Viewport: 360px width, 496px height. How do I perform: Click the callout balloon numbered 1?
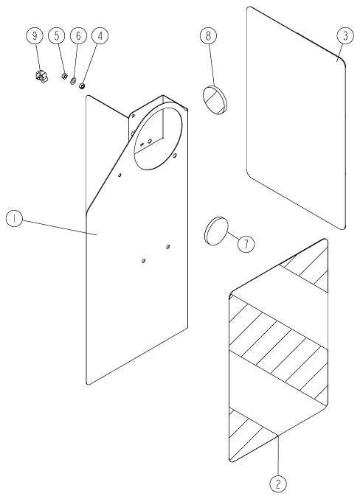click(x=14, y=219)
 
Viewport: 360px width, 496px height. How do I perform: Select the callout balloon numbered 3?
click(x=345, y=36)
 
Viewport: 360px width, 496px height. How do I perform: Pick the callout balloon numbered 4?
click(x=100, y=36)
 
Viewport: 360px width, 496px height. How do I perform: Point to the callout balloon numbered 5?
click(x=57, y=36)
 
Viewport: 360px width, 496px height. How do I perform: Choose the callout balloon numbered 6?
click(x=78, y=36)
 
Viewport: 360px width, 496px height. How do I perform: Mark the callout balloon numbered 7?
click(x=246, y=244)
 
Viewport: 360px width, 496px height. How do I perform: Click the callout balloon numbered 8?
click(x=208, y=35)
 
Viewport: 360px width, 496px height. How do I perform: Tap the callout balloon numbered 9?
click(x=35, y=36)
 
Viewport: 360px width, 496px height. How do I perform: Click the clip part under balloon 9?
click(x=41, y=76)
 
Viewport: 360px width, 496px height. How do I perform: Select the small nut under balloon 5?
click(x=64, y=76)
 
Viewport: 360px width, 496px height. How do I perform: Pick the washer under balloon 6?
click(x=73, y=81)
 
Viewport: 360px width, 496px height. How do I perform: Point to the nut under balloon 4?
click(x=82, y=85)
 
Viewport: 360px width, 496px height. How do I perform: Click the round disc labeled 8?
click(x=215, y=99)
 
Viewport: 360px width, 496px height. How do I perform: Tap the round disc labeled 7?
click(x=215, y=231)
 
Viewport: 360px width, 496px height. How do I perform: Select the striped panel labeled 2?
click(x=278, y=351)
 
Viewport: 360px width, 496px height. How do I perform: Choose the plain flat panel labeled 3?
click(x=296, y=118)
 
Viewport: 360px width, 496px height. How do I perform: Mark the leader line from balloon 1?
click(x=59, y=228)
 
